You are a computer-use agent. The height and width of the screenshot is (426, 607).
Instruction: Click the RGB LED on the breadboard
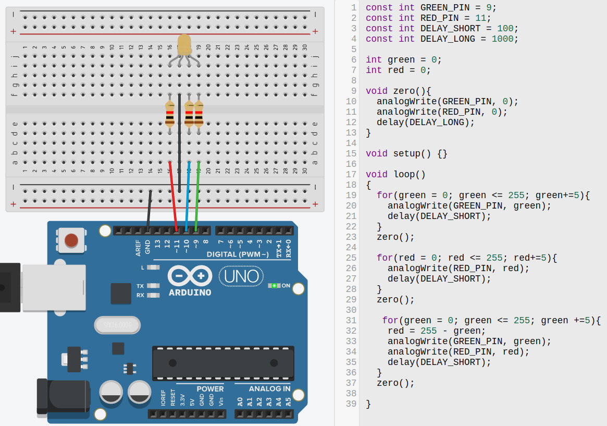pos(184,45)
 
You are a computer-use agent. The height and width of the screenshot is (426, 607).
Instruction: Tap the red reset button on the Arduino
pos(71,240)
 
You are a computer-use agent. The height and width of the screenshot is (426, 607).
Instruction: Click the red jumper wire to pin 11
pos(173,196)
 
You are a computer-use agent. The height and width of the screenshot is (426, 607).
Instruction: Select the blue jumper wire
pos(188,196)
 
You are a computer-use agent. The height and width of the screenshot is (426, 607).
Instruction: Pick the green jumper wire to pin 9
pos(197,196)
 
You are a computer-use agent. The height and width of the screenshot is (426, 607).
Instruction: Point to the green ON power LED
pos(274,286)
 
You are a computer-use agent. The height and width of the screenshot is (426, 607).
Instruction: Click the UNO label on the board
pos(241,276)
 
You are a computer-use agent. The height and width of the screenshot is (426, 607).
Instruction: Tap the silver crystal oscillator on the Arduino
pos(117,325)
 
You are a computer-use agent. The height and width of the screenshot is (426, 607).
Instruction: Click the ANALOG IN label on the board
pos(269,389)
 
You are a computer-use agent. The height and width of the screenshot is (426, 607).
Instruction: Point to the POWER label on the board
pos(210,389)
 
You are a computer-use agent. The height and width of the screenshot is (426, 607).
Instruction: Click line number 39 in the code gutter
pos(351,404)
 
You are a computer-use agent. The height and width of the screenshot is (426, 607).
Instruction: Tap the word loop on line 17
pos(404,174)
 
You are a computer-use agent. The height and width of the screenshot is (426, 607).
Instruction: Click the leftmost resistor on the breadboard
pos(170,115)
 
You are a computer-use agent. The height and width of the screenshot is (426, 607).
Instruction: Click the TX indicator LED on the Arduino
pos(153,286)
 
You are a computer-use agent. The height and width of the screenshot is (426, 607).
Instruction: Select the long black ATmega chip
pos(223,363)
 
